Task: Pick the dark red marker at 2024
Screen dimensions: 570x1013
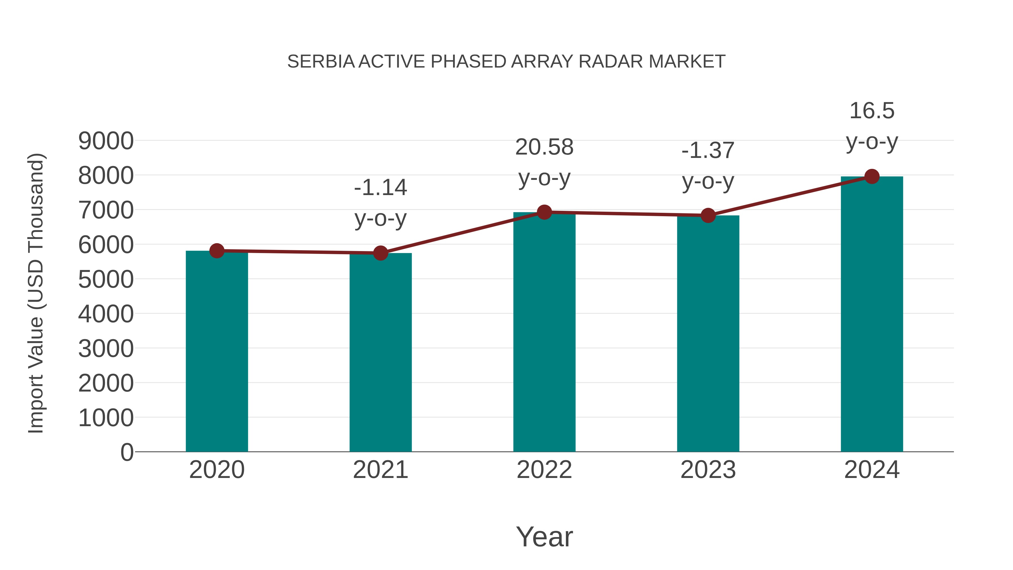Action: click(872, 176)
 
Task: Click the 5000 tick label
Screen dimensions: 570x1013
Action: click(106, 280)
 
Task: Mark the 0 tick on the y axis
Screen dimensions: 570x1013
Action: click(127, 452)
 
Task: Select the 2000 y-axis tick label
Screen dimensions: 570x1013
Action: click(106, 383)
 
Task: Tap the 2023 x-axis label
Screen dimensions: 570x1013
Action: click(708, 470)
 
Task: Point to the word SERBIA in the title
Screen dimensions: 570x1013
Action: click(321, 61)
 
